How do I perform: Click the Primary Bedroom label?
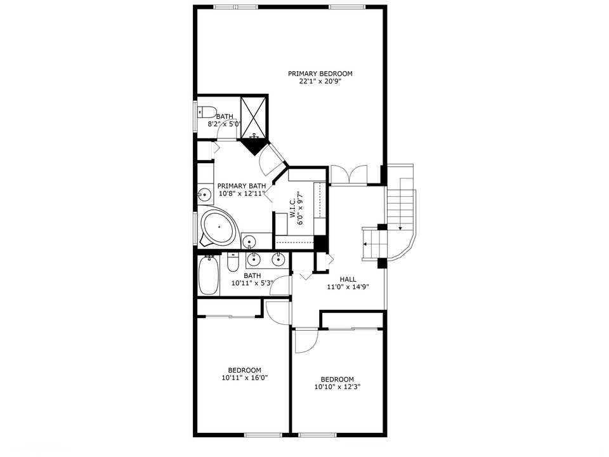(320, 74)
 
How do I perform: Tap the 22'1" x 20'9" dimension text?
(320, 82)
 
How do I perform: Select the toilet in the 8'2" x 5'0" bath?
(207, 112)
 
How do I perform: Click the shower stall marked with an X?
(254, 117)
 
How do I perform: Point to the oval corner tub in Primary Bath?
(219, 227)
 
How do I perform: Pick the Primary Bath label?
(242, 186)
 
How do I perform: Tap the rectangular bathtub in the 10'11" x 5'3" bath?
(209, 275)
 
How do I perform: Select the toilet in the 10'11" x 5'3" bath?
(233, 263)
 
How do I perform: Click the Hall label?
(348, 279)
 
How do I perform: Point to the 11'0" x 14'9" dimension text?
(348, 287)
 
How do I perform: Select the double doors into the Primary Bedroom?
(349, 175)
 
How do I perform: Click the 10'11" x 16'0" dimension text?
(245, 377)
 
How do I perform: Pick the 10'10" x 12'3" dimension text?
(337, 387)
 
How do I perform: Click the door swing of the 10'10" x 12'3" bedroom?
(306, 341)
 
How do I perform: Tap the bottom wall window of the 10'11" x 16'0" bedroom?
(263, 434)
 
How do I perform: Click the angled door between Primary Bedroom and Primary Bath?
(272, 159)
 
